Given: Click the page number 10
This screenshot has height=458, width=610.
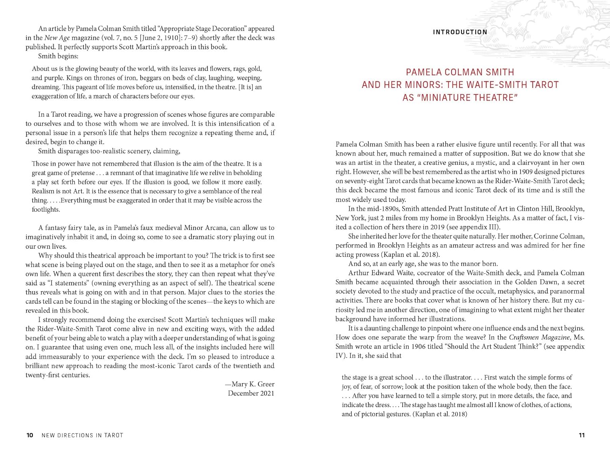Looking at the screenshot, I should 30,435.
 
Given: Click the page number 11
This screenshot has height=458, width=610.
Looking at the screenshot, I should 582,435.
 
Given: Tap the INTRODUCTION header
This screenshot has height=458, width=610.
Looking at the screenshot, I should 460,32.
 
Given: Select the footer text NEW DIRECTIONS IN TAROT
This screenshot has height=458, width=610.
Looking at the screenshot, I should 82,435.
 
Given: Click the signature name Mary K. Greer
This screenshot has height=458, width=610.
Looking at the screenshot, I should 253,384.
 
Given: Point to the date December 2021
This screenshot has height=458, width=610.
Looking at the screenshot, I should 251,393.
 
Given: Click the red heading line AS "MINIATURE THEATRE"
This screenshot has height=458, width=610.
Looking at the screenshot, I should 460,98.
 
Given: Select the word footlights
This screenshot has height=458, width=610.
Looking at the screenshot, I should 46,210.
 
